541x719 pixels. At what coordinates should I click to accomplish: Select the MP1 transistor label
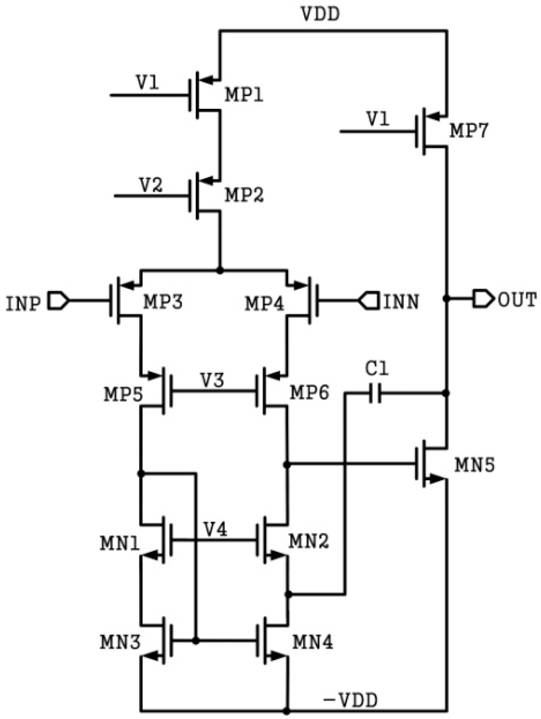tap(244, 95)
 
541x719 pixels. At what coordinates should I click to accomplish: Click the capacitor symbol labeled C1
tap(375, 393)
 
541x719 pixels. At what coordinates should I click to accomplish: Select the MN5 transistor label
tap(475, 464)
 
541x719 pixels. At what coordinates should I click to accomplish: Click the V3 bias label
tap(212, 380)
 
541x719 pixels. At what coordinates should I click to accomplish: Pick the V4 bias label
tap(215, 529)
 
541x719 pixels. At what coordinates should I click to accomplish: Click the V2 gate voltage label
tap(151, 185)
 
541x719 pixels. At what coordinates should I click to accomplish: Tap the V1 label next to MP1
tap(148, 82)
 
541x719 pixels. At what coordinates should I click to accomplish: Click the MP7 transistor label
tap(468, 131)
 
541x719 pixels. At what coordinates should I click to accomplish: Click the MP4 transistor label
tap(264, 303)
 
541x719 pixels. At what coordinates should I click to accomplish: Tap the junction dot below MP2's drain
tap(220, 271)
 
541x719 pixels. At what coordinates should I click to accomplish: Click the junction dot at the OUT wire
tap(446, 298)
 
